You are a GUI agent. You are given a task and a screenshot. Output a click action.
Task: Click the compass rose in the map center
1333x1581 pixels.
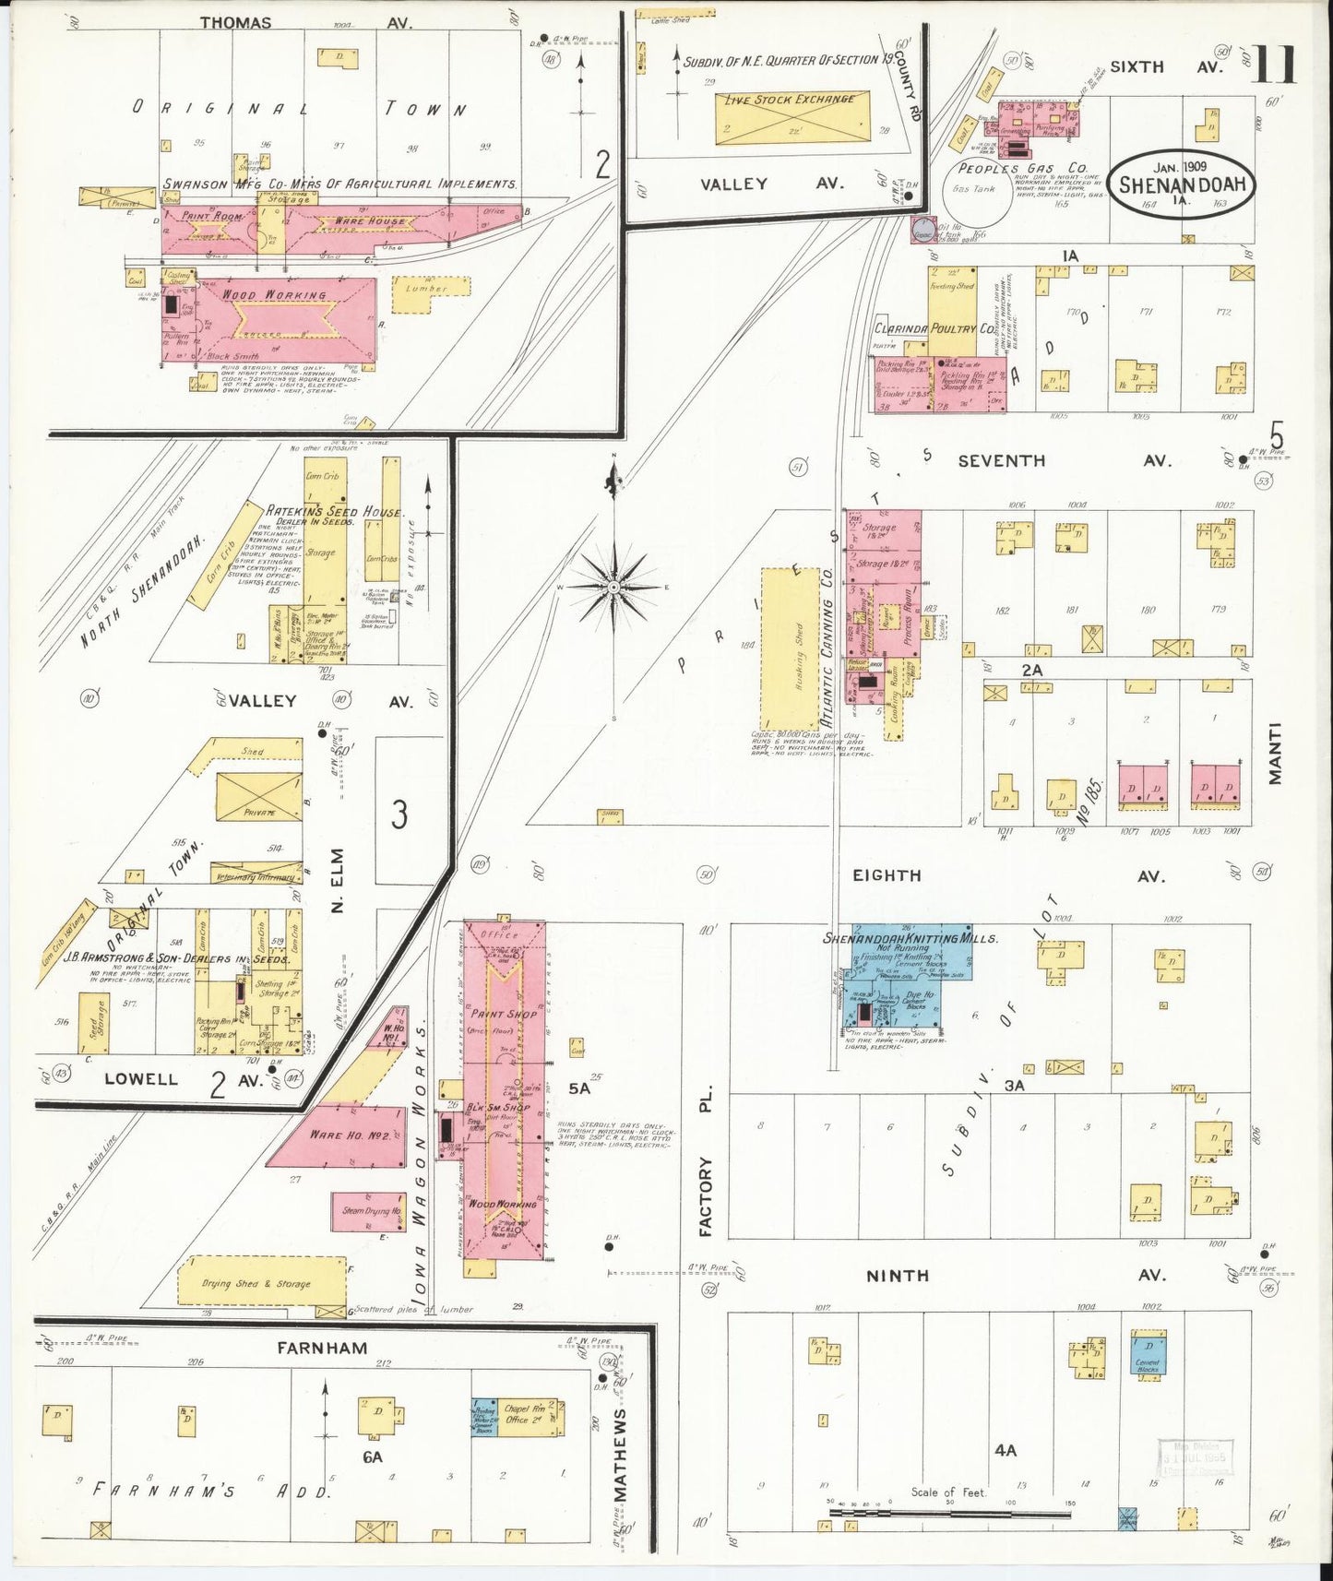pyautogui.click(x=613, y=587)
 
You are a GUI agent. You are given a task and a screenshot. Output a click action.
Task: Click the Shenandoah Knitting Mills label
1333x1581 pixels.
pyautogui.click(x=910, y=938)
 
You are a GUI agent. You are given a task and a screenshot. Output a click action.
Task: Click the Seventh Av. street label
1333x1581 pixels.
pyautogui.click(x=1001, y=460)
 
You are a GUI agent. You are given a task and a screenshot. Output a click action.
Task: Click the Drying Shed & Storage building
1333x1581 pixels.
pyautogui.click(x=257, y=1283)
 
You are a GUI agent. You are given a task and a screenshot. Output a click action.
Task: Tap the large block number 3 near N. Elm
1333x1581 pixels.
pyautogui.click(x=399, y=814)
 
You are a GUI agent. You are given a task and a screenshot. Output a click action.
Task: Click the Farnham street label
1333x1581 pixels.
pyautogui.click(x=322, y=1348)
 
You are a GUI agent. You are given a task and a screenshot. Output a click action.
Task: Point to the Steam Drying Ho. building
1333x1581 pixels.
pyautogui.click(x=371, y=1211)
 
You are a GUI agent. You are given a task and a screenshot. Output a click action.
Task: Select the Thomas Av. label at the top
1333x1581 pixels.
pyautogui.click(x=236, y=23)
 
